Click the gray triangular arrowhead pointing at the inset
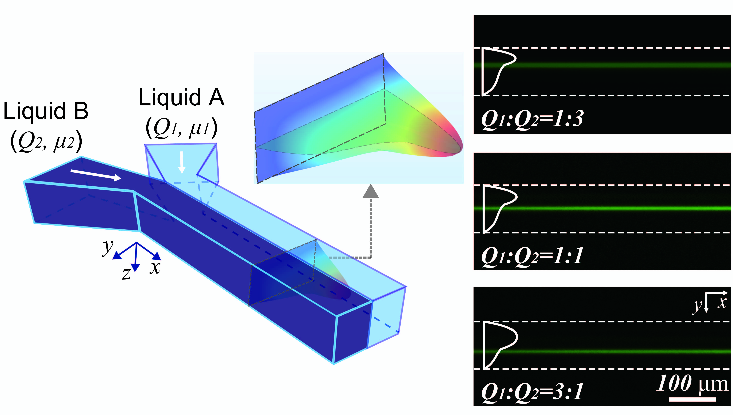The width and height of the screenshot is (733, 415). tap(371, 191)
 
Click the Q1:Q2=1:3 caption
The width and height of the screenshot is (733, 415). tap(532, 119)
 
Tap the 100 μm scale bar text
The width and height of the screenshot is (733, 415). tap(692, 383)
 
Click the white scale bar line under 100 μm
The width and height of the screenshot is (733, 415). tap(692, 399)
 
